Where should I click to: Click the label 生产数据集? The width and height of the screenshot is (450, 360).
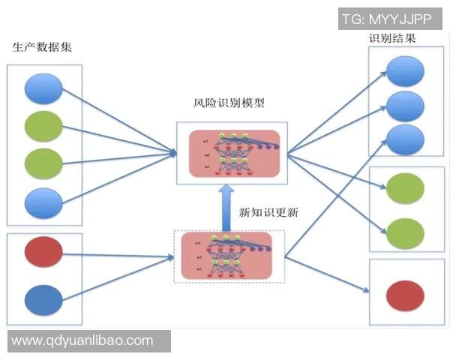tap(42, 47)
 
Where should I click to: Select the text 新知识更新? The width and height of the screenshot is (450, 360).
tap(268, 212)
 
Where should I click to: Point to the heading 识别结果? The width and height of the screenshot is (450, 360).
tap(391, 38)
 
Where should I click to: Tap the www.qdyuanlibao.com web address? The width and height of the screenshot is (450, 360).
tap(82, 340)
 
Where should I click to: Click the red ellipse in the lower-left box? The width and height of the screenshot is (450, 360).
tap(43, 251)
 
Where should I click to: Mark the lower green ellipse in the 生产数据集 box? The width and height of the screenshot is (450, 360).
tap(43, 162)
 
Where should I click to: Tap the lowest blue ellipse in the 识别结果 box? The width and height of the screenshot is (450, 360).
tap(406, 140)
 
